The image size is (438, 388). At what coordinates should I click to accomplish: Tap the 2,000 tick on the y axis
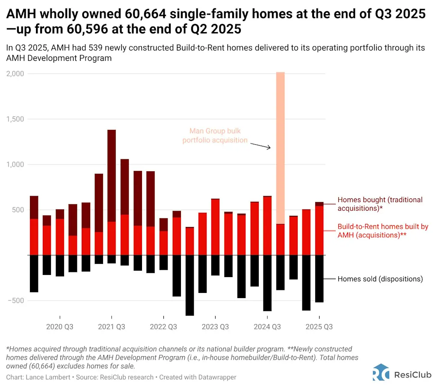point(15,74)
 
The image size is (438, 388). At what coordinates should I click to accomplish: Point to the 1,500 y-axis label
point(15,119)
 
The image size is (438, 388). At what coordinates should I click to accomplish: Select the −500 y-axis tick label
point(17,301)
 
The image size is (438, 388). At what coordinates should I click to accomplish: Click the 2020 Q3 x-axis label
point(59,327)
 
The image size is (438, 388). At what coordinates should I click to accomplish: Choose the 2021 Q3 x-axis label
point(111,327)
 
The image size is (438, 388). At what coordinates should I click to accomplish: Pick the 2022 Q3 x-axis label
point(163,327)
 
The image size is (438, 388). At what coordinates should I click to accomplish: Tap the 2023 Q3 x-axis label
point(215,327)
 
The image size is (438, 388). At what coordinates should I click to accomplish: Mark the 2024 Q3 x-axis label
point(267,327)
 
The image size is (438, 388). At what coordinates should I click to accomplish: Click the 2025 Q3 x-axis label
point(319,327)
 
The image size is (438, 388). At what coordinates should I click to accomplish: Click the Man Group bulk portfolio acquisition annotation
point(215,135)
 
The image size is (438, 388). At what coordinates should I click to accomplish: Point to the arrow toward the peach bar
point(260,146)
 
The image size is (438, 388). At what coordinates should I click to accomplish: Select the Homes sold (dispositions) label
point(380,279)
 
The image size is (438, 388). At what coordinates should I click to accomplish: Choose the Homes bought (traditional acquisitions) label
point(380,204)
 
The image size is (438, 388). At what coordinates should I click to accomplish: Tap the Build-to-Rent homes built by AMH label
point(383,231)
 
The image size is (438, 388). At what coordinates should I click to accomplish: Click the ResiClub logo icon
point(381,372)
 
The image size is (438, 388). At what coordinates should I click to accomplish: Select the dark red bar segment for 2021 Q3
point(111,176)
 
